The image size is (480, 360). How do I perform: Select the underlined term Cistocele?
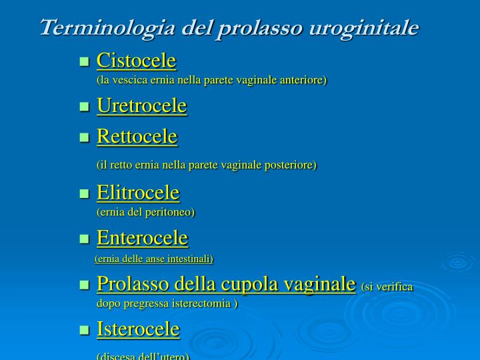click(136, 61)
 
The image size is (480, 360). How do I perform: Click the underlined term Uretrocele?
click(141, 105)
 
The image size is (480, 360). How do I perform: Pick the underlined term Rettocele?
click(137, 137)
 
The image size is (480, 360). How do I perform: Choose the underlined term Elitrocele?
click(138, 193)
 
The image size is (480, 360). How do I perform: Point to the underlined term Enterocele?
click(142, 237)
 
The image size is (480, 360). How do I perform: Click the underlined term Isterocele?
click(138, 329)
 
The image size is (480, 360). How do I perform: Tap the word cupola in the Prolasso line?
click(240, 284)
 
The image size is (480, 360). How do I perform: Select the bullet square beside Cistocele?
click(84, 62)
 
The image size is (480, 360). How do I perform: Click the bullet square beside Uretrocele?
click(84, 107)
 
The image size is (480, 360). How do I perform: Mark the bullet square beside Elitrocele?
click(84, 194)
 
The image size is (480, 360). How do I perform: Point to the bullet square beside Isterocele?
click(84, 330)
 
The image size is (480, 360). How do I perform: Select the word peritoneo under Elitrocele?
click(171, 212)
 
